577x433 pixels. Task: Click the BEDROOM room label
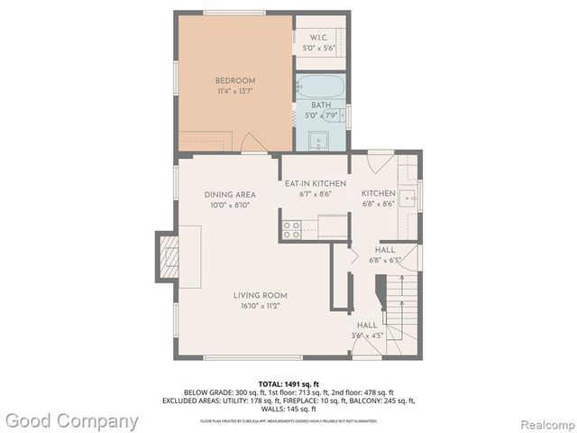pyautogui.click(x=234, y=79)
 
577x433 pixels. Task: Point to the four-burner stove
pyautogui.click(x=291, y=230)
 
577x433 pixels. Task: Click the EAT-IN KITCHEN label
pyautogui.click(x=309, y=183)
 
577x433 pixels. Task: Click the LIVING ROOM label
pyautogui.click(x=260, y=295)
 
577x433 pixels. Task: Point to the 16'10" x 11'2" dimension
pyautogui.click(x=260, y=307)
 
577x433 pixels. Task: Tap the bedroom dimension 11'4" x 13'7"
pyautogui.click(x=234, y=91)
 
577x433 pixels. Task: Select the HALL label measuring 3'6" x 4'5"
pyautogui.click(x=367, y=325)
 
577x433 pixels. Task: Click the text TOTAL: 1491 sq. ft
pyautogui.click(x=288, y=382)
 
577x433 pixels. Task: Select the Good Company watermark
pyautogui.click(x=70, y=420)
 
